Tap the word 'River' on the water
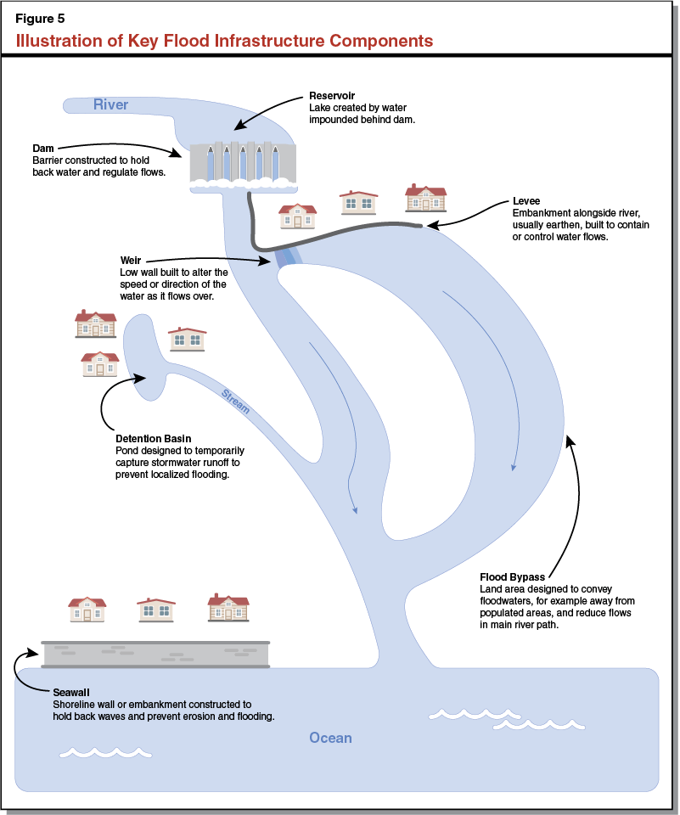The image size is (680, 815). click(110, 104)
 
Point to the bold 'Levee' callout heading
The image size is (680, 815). click(526, 201)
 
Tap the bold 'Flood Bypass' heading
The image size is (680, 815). click(512, 577)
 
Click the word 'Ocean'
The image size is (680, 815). click(330, 738)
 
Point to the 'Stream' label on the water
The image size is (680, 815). click(235, 402)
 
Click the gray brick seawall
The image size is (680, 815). click(155, 654)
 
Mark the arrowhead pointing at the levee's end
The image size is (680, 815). click(430, 225)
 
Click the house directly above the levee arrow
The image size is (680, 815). click(425, 198)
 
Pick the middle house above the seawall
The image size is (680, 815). click(155, 610)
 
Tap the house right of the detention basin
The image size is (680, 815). click(187, 339)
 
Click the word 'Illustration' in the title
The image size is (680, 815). click(61, 41)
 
